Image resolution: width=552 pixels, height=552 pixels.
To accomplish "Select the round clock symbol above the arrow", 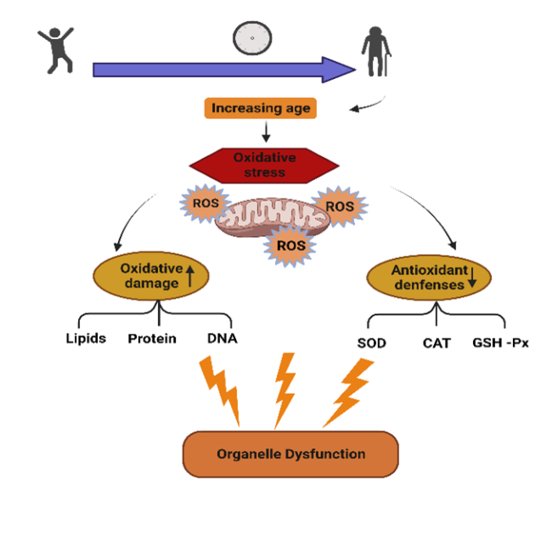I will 252,37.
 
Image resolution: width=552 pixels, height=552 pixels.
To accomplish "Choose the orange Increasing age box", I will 262,109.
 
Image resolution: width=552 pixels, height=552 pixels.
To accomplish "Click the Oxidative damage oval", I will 151,275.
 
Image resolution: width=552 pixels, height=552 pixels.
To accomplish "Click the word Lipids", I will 86,338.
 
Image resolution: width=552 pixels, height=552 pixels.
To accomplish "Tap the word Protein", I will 152,338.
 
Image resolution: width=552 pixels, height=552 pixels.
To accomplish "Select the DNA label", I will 222,338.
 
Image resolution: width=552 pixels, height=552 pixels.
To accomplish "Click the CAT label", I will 437,344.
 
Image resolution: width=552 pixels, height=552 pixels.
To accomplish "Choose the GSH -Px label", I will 501,344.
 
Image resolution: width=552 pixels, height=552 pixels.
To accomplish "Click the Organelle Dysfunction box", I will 290,453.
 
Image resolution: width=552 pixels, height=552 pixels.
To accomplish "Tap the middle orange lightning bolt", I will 284,387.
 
